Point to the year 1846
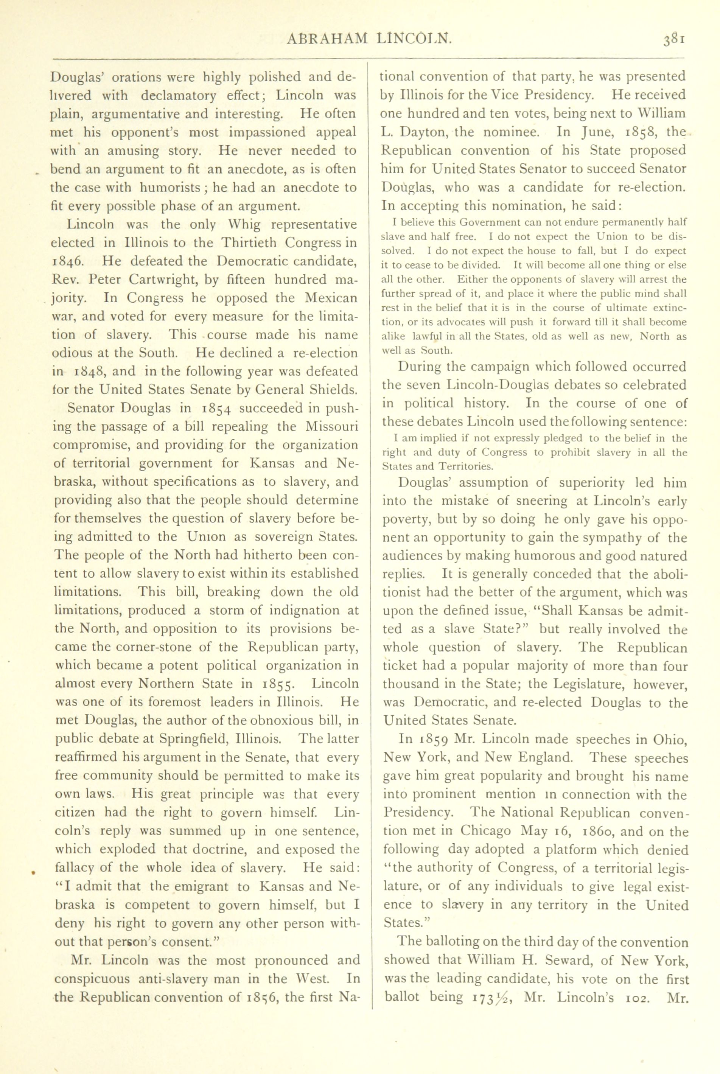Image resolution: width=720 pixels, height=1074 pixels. click(67, 262)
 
